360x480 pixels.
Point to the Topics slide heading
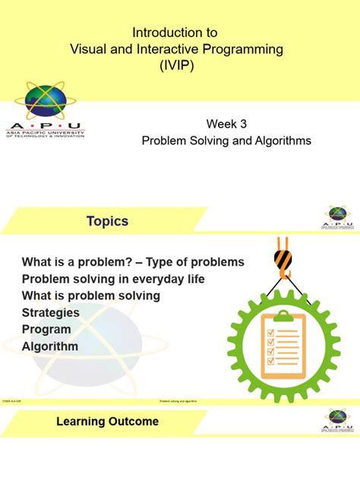107,222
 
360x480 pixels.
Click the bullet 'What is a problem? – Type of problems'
133,262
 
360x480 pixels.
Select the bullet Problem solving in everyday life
113,279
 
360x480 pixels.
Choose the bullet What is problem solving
90,295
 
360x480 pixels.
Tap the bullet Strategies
50,312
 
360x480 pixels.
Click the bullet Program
46,330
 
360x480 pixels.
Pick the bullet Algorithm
50,346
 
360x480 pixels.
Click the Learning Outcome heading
107,422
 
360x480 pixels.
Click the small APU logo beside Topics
336,217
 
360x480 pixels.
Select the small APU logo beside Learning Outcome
336,419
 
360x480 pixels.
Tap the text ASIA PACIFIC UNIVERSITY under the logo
45,131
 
